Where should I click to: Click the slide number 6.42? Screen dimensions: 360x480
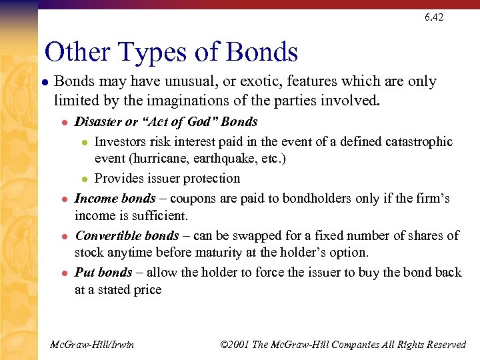click(x=433, y=17)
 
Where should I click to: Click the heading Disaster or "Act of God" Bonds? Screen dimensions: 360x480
click(x=166, y=122)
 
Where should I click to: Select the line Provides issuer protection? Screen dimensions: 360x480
click(x=167, y=178)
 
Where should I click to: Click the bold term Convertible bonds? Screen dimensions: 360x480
click(x=127, y=235)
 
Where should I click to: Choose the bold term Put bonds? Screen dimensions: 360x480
click(x=103, y=272)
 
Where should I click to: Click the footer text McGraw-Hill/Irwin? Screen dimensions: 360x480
click(x=92, y=345)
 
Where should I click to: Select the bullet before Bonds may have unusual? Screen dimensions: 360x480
click(x=43, y=83)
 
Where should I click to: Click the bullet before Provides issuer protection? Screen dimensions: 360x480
click(x=84, y=179)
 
